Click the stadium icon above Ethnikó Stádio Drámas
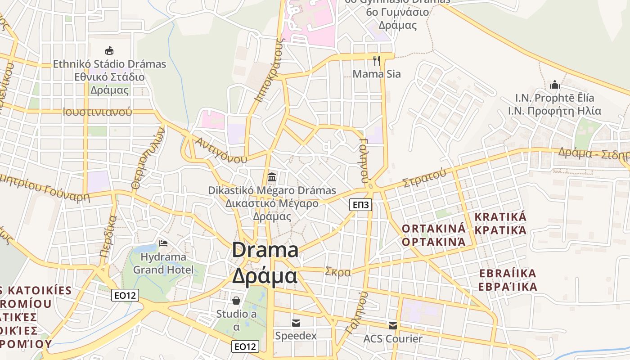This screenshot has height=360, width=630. (109, 50)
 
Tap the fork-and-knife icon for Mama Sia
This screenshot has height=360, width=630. (377, 60)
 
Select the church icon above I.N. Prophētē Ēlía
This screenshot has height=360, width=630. (554, 85)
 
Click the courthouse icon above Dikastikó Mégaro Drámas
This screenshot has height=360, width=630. (272, 177)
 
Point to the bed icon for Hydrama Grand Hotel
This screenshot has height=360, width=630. (163, 243)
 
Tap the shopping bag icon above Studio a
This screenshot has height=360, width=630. (236, 300)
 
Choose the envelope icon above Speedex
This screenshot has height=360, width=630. (296, 323)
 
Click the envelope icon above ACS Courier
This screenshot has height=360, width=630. (393, 325)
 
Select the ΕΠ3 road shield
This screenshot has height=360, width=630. (361, 205)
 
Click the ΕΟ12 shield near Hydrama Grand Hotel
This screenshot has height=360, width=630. (125, 295)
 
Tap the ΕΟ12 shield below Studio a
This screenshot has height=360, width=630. (246, 346)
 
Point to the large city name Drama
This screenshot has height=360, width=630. (265, 250)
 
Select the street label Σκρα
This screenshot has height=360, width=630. (337, 272)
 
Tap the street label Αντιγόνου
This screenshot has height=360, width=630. (220, 150)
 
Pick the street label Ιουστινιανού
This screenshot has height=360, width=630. (97, 112)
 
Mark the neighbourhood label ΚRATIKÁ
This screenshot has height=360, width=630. (500, 217)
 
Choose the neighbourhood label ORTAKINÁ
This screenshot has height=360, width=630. (434, 228)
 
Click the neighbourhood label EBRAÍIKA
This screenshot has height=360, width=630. (508, 274)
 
